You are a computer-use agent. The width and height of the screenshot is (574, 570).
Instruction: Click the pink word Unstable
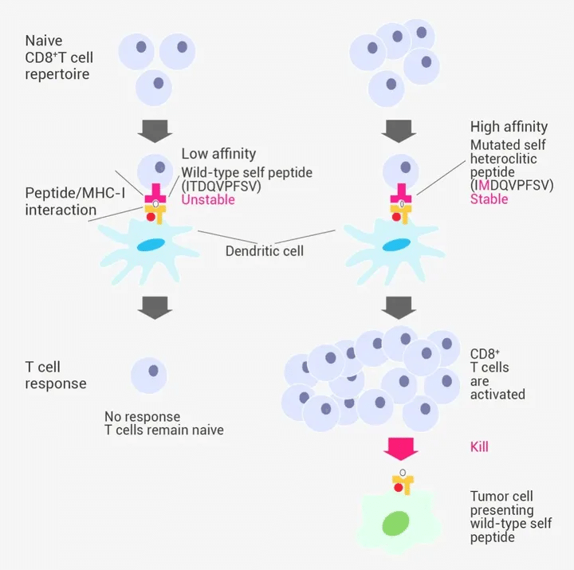click(x=208, y=200)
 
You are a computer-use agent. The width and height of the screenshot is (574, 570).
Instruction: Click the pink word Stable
click(x=489, y=199)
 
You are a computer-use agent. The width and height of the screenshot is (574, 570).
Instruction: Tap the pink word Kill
click(x=479, y=446)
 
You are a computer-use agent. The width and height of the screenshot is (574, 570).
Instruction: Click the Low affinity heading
click(x=218, y=153)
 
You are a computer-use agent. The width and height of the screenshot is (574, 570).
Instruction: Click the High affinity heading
click(x=509, y=126)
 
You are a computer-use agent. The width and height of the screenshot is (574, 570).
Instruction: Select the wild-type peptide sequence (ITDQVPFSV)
click(x=221, y=186)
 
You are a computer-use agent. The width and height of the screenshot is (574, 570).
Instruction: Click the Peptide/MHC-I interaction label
click(x=61, y=202)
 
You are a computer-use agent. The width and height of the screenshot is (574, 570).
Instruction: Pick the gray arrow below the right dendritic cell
click(x=401, y=306)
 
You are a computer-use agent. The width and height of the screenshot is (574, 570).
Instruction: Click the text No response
click(x=142, y=416)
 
